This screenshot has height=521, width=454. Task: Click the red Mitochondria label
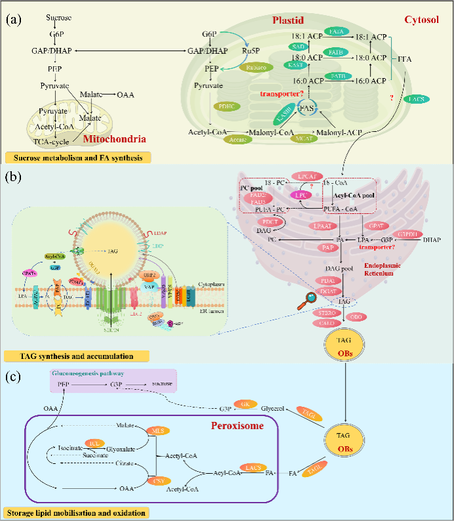point(114,138)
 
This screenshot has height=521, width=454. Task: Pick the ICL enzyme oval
point(94,443)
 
